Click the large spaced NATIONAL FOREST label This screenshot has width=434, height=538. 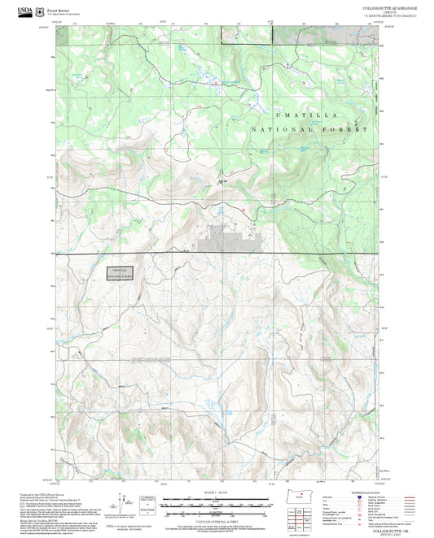click(309, 129)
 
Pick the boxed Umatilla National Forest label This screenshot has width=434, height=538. click(119, 273)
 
